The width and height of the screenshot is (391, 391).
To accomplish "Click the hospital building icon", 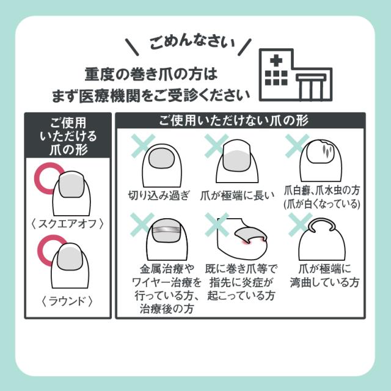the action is [296, 75].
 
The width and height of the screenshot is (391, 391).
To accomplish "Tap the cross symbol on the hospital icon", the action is [276, 60].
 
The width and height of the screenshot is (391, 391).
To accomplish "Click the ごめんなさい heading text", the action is [192, 43].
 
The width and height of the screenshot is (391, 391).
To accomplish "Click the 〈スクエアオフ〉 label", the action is [67, 224].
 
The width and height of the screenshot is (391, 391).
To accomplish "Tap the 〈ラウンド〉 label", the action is [67, 301].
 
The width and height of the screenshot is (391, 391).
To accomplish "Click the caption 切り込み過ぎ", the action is [159, 195].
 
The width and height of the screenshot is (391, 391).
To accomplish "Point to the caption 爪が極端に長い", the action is [238, 195].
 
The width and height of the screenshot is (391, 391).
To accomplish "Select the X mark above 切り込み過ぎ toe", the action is [143, 145].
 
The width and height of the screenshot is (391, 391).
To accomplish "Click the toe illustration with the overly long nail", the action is [238, 161].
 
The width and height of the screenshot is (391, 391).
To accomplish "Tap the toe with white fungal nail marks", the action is [321, 161].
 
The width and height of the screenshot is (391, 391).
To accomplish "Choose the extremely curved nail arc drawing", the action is [322, 224].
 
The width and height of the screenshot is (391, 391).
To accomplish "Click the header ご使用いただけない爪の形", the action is [234, 120].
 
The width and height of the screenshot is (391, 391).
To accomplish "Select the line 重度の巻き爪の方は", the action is [151, 74].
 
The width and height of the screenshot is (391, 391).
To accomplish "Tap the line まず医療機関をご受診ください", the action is [151, 96].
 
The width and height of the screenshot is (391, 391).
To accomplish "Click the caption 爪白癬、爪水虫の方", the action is [322, 191].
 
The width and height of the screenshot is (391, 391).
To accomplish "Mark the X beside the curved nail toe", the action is [300, 225].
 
